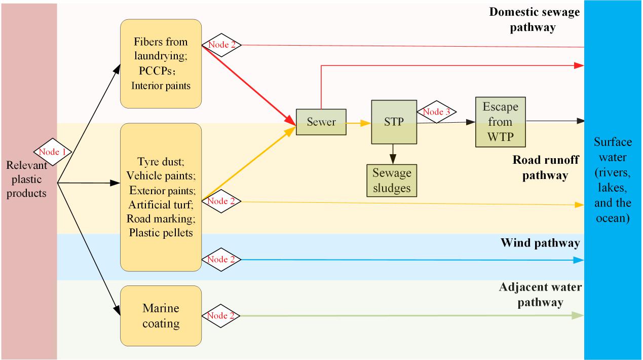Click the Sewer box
point(321,122)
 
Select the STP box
point(394,122)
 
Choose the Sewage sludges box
point(392,181)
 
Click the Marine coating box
point(161,316)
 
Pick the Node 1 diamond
point(53,151)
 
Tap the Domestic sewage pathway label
point(534,19)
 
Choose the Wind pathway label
point(540,243)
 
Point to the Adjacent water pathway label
point(540,295)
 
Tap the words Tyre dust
point(161,162)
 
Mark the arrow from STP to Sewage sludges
point(392,154)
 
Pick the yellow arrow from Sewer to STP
point(359,123)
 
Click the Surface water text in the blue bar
point(613,180)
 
